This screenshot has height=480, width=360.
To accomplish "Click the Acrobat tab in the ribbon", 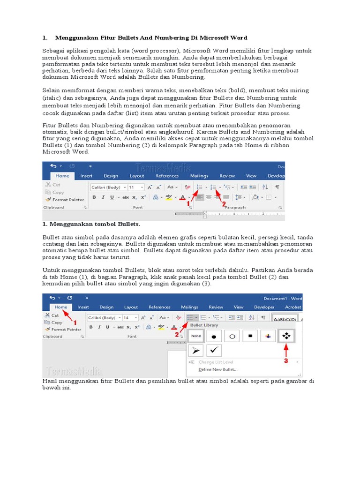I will [292, 307].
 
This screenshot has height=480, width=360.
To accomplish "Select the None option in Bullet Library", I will [196, 336].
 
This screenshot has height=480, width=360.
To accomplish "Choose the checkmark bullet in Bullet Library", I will [214, 350].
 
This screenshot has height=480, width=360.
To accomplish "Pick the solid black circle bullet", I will [214, 336].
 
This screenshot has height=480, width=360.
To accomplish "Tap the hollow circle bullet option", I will [232, 336].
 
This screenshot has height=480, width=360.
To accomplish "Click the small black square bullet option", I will [250, 336].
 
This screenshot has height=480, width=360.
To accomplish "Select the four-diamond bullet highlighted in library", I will [286, 336].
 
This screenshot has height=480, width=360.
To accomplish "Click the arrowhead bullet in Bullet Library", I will [196, 350].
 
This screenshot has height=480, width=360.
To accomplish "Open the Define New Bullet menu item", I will [218, 369].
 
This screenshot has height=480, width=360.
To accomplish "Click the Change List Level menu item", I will [216, 362].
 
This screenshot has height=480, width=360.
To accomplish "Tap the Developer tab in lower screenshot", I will [264, 307].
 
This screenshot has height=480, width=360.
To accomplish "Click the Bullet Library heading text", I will [204, 325].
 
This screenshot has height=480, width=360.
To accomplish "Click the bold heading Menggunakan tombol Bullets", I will [91, 224].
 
